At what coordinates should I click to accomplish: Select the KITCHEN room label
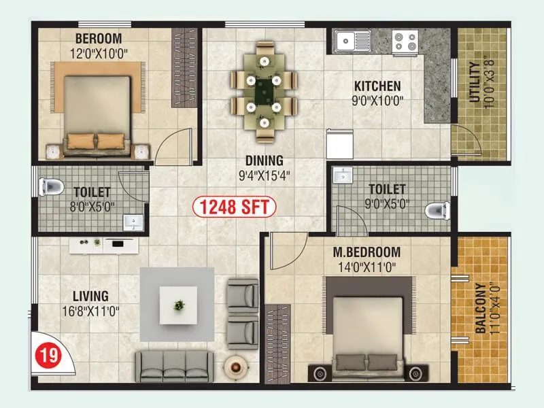click(377, 86)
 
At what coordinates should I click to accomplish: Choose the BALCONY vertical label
click(481, 308)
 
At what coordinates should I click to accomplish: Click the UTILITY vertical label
click(474, 82)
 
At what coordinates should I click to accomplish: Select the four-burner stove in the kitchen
click(405, 42)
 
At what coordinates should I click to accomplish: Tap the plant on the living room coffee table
click(179, 305)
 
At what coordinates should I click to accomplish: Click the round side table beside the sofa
click(235, 367)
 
